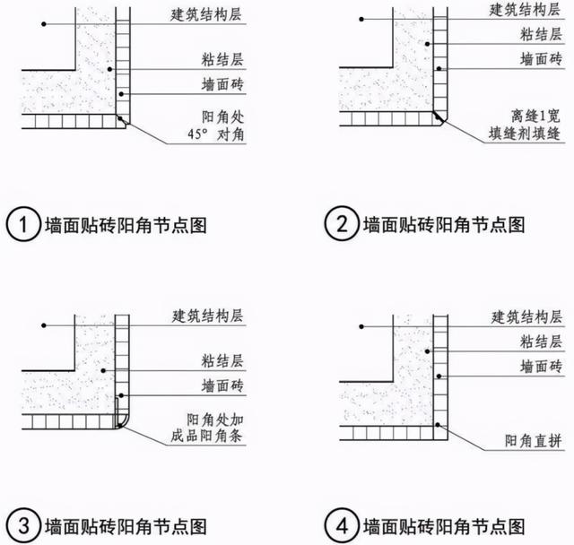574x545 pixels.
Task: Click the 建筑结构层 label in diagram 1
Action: (x=207, y=16)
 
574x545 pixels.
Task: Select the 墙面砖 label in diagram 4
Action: (x=541, y=367)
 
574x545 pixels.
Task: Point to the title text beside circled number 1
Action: (x=126, y=225)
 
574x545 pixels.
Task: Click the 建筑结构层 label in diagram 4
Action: (x=527, y=316)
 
